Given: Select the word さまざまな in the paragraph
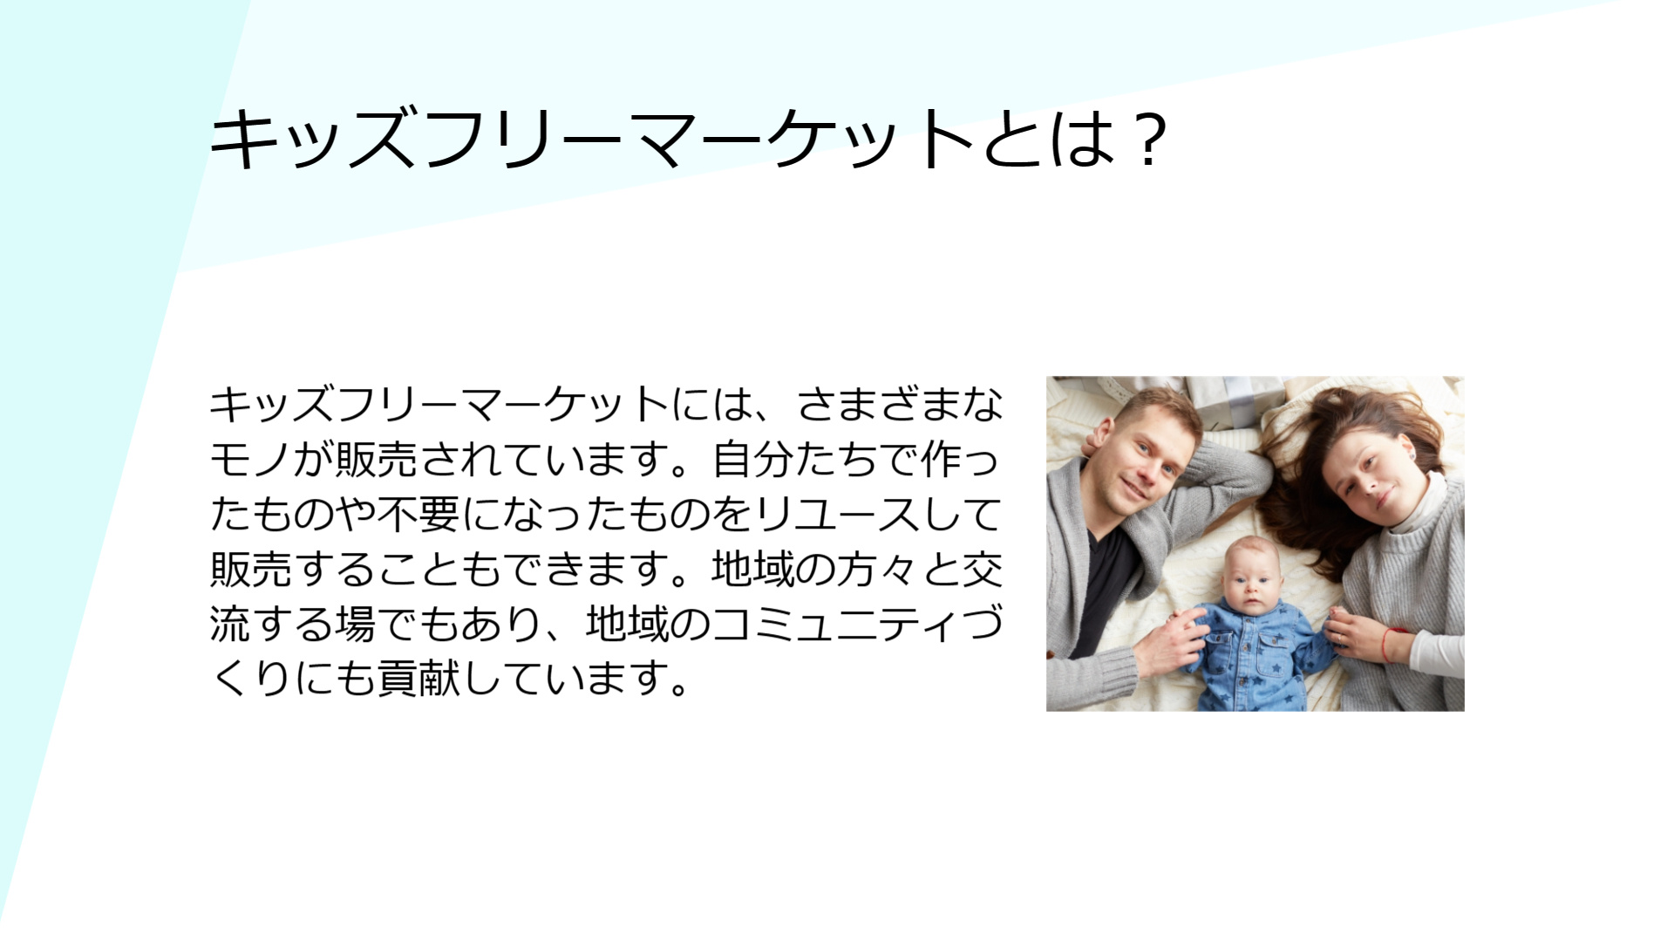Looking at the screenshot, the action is [x=900, y=405].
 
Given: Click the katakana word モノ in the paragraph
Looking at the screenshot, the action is [x=250, y=460].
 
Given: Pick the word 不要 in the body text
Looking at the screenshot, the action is [x=418, y=515].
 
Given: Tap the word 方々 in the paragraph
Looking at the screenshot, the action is [x=878, y=570].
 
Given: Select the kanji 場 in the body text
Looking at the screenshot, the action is [x=334, y=625].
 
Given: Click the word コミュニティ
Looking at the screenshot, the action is [x=835, y=625].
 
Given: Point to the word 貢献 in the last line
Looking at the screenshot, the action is [x=418, y=679].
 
